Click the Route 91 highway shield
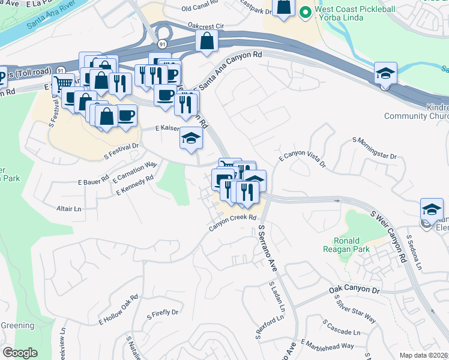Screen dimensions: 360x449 coord(163,44)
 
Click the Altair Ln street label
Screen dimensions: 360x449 coord(68,209)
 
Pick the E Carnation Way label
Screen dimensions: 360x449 coord(135,172)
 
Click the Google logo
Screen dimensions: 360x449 coord(20,353)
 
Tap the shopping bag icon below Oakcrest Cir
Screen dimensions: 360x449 coord(207,42)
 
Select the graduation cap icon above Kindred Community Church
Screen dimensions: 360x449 coord(385,74)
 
